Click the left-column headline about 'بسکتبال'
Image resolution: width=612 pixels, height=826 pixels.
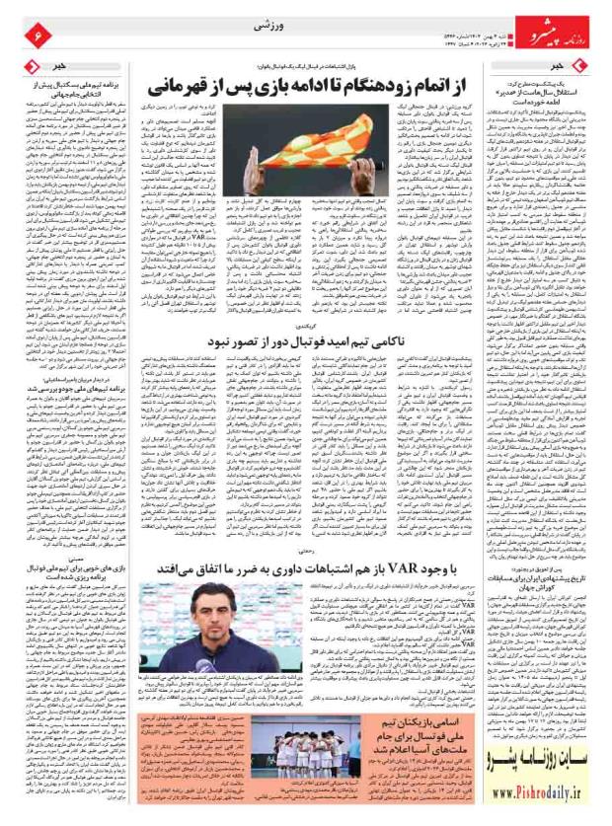tap(64, 89)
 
